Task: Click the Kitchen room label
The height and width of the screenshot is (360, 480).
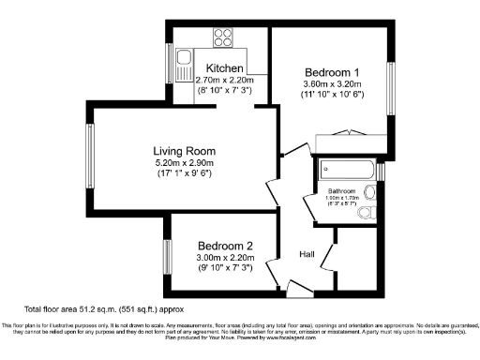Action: pyautogui.click(x=225, y=68)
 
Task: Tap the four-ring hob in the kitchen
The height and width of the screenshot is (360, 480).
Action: pyautogui.click(x=223, y=37)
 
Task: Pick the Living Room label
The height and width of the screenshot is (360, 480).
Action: pyautogui.click(x=185, y=150)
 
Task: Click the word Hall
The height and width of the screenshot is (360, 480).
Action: pyautogui.click(x=307, y=254)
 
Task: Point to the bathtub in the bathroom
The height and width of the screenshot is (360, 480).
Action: pyautogui.click(x=348, y=171)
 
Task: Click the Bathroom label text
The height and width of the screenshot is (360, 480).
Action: pyautogui.click(x=341, y=191)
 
